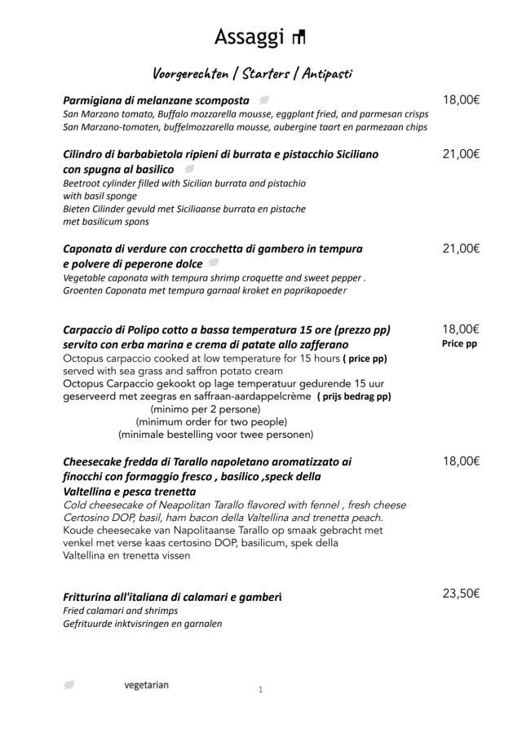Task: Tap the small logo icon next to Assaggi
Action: coord(299,37)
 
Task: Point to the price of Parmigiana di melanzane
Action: coord(461,100)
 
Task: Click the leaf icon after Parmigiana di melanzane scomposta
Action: coord(264,100)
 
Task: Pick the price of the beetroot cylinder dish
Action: coord(461,154)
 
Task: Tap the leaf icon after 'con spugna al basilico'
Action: coord(189,169)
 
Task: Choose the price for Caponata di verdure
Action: coord(461,249)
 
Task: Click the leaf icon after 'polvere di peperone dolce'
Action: coord(214,263)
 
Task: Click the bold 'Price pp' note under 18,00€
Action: coord(460,344)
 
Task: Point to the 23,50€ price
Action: coord(461,594)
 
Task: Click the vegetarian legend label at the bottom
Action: coord(146,685)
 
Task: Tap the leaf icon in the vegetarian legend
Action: coord(69,686)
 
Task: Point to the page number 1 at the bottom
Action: coord(260,691)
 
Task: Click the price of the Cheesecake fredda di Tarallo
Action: coord(461,461)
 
